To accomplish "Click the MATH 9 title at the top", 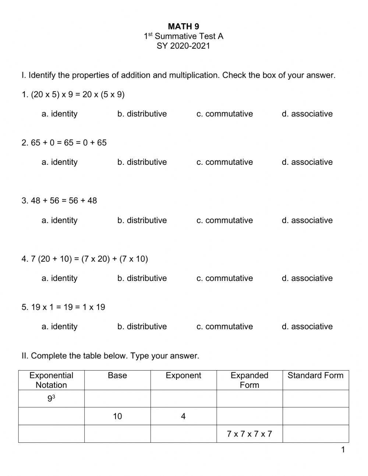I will [183, 26].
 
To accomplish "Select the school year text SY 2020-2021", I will [183, 46].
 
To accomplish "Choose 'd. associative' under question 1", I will [307, 114].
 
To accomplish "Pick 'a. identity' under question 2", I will [59, 162].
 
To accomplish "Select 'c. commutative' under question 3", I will [224, 220].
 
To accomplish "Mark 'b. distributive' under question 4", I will [142, 278].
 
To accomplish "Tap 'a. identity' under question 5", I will [59, 327].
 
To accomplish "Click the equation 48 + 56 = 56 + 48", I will [59, 201].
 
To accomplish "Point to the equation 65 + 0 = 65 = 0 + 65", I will [64, 143].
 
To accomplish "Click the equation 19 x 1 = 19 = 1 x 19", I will [63, 307].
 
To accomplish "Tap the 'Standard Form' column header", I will [315, 376].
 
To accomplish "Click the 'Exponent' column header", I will [183, 376].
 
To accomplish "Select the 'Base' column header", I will [117, 376].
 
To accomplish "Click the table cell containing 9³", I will [52, 399].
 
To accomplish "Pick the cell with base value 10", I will [117, 416].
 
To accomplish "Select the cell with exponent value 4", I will [183, 416].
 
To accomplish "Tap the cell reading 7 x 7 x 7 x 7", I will [250, 434].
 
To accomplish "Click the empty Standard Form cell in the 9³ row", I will [315, 399].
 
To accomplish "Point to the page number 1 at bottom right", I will [343, 449].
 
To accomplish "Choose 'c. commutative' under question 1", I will [224, 114].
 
